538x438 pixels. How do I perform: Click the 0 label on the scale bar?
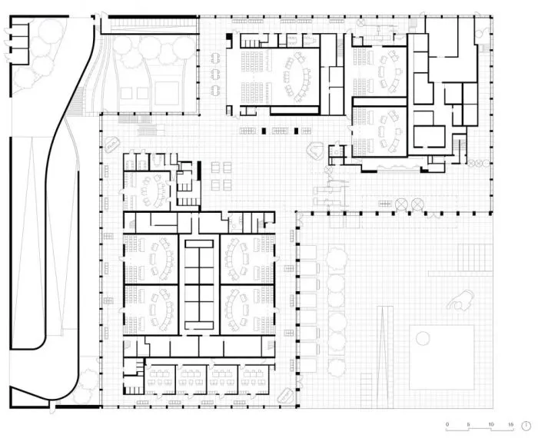point(447,424)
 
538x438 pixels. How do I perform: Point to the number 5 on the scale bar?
point(468,424)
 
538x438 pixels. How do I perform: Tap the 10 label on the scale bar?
point(491,424)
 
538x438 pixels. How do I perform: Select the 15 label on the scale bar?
point(511,424)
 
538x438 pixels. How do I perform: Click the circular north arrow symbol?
point(526,426)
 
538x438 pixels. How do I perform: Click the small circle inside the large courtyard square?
point(423,339)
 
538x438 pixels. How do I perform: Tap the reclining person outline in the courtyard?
point(461,300)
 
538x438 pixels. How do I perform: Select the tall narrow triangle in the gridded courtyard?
point(385,357)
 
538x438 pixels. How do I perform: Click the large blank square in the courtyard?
point(442,357)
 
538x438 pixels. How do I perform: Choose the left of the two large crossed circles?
point(400,204)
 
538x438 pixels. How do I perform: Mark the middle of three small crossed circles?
point(478,164)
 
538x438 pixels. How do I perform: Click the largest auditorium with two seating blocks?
point(273,77)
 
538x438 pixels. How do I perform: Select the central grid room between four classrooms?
point(199,284)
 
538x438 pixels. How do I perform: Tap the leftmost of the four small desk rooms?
point(160,379)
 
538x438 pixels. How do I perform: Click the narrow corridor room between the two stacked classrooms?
point(380,102)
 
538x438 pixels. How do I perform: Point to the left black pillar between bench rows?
point(264,131)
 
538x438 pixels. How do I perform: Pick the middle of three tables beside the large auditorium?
point(215,73)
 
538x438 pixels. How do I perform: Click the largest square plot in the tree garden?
point(167,93)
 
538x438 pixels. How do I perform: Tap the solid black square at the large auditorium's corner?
point(229,38)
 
